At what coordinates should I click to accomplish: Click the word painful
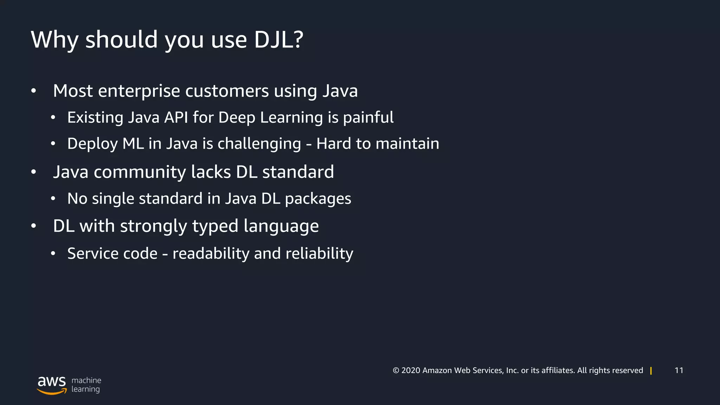368,117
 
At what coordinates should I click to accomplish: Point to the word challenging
259,144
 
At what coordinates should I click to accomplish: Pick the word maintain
407,144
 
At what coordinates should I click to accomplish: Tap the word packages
318,199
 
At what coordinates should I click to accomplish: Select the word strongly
154,226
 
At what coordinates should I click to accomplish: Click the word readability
211,253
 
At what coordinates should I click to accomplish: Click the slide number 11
679,370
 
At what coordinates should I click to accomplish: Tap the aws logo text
52,381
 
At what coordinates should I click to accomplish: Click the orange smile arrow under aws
52,392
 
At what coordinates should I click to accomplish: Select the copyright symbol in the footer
396,371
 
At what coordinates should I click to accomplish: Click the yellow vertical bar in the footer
651,371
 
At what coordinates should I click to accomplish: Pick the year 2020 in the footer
411,371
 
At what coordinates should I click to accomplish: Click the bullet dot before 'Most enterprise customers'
33,91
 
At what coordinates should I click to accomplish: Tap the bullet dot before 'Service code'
53,253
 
